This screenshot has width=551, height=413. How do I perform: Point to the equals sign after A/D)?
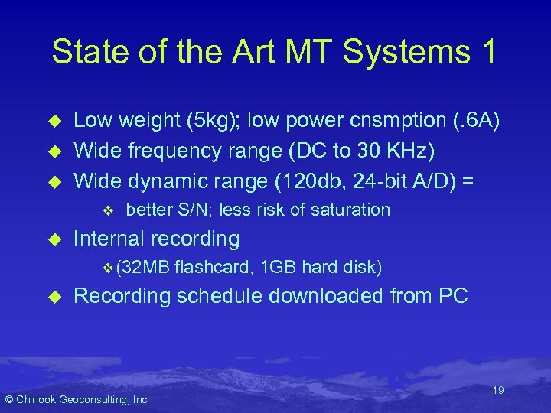click(x=469, y=181)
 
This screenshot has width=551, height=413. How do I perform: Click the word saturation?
click(x=352, y=210)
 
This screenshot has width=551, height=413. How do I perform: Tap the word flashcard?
click(x=214, y=267)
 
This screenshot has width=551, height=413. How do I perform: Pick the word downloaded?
click(x=342, y=296)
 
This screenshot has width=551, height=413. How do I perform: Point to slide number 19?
click(x=498, y=390)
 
